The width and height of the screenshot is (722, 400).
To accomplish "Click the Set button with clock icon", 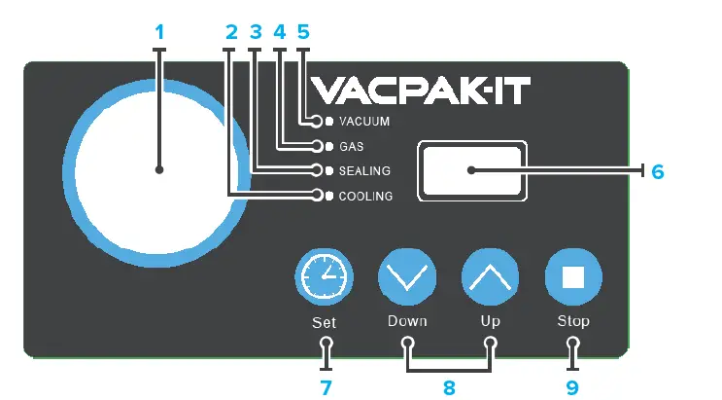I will pyautogui.click(x=323, y=278).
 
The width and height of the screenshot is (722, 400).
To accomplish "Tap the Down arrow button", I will pyautogui.click(x=406, y=278).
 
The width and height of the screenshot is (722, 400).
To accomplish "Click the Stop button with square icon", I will pyautogui.click(x=572, y=278).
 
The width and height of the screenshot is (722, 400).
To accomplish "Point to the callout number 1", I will pyautogui.click(x=160, y=31).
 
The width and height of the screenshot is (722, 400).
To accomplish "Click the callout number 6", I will pyautogui.click(x=658, y=171).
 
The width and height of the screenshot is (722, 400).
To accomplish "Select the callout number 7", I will pyautogui.click(x=327, y=387).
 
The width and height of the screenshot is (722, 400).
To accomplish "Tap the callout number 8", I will pyautogui.click(x=449, y=387).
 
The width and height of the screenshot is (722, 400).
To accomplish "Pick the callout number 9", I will pyautogui.click(x=572, y=387).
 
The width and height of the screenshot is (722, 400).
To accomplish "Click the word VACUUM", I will pyautogui.click(x=364, y=123).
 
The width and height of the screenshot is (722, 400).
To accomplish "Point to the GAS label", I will pyautogui.click(x=351, y=147).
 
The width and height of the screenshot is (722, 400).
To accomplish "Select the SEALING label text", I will pyautogui.click(x=364, y=171).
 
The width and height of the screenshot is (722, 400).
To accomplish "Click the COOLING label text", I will pyautogui.click(x=365, y=197).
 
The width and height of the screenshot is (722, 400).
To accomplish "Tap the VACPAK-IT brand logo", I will pyautogui.click(x=424, y=91).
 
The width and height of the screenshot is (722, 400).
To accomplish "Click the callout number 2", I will pyautogui.click(x=230, y=31).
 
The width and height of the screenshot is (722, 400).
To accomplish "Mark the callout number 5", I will pyautogui.click(x=301, y=31).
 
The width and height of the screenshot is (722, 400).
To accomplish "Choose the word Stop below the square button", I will pyautogui.click(x=572, y=321).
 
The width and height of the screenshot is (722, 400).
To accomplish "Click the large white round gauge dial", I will pyautogui.click(x=160, y=170).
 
